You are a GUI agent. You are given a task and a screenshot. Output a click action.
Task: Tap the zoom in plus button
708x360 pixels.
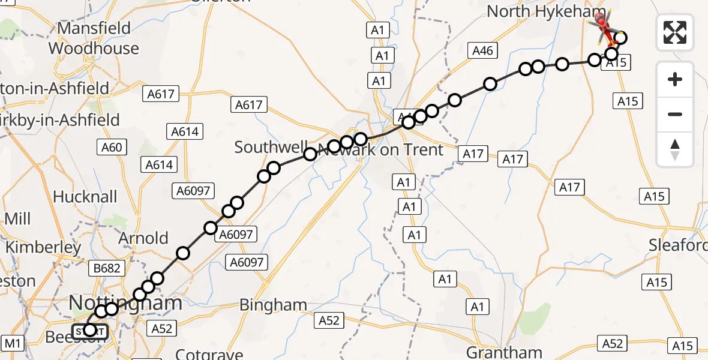(x=675, y=80)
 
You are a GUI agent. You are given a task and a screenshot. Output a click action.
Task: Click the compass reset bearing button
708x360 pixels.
(x=675, y=149)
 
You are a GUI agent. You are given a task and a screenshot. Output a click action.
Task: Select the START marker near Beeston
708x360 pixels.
(x=89, y=330)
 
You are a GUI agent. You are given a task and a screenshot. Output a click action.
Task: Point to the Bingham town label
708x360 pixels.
(x=273, y=305)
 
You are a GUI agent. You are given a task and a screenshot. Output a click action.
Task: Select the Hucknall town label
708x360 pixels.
(x=85, y=197)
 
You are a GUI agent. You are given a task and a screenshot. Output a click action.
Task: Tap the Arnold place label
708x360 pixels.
(x=143, y=238)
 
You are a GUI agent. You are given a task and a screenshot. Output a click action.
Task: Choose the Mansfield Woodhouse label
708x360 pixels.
(x=94, y=38)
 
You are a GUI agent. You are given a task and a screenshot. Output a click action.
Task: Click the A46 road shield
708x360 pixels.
(x=482, y=51)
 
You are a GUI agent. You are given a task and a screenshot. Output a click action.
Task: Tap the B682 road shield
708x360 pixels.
(x=107, y=268)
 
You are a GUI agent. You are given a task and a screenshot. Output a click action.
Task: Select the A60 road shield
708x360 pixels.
(x=110, y=147)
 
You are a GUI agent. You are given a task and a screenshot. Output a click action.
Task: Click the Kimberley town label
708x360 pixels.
(x=43, y=247)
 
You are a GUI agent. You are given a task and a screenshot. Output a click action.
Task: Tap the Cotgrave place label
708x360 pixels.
(x=209, y=354)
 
